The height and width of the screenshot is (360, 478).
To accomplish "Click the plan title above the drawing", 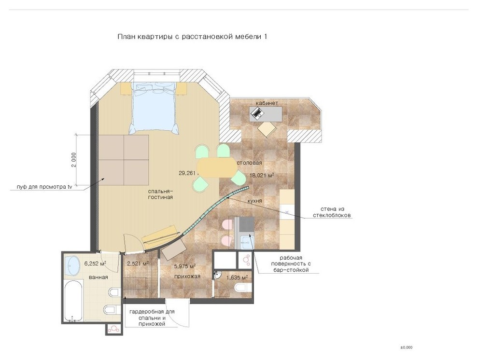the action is tap(192, 37).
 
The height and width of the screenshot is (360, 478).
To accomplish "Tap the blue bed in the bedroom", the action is tap(154, 108).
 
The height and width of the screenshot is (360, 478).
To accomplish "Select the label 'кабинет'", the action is tap(267, 103).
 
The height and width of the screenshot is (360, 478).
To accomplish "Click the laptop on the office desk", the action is tap(257, 113).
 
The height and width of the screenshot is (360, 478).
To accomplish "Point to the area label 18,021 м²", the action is tap(262, 175).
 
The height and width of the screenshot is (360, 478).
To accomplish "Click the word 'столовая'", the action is tap(250, 163).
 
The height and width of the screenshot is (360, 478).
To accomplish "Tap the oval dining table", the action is tap(217, 167).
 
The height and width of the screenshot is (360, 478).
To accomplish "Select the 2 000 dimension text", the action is tap(73, 160).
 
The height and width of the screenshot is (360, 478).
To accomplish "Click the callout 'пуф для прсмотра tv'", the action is tap(44, 187).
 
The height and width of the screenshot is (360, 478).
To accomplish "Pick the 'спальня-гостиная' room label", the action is tap(160, 194).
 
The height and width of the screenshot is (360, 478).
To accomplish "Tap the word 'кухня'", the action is tap(254, 201).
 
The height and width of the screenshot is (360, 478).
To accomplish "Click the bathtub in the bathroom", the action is tap(74, 301).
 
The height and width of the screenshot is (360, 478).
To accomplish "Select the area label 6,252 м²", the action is tap(96, 263).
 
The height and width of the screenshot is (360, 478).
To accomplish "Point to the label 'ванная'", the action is tap(98, 277).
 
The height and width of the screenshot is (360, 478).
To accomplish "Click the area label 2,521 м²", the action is tap(138, 263).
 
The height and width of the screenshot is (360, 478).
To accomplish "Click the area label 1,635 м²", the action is tap(237, 277).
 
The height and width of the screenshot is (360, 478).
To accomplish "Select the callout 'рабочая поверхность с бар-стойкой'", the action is tap(291, 264).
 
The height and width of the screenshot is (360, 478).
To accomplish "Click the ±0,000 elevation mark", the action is tap(407, 347).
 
